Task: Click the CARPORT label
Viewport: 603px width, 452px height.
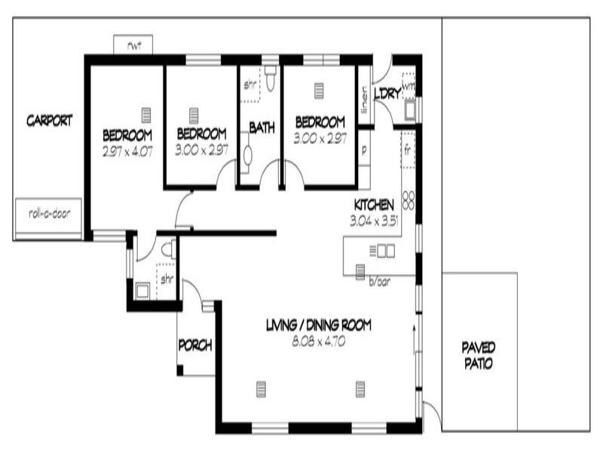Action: [50, 121]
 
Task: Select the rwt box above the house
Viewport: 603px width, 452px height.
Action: [134, 45]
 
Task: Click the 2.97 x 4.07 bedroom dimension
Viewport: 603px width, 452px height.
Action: [127, 150]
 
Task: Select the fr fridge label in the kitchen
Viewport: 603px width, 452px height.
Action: [408, 148]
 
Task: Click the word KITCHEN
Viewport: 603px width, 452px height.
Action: [374, 205]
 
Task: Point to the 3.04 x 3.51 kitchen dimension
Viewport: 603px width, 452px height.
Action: [373, 221]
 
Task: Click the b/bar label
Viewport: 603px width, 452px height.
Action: [378, 281]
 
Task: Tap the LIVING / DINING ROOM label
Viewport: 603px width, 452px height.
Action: [319, 325]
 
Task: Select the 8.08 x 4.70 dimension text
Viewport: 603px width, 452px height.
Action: [319, 341]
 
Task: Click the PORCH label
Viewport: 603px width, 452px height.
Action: [194, 346]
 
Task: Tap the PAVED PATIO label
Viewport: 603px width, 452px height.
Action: [478, 355]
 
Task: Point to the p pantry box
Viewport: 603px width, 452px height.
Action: [363, 150]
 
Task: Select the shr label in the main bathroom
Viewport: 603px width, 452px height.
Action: [249, 85]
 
